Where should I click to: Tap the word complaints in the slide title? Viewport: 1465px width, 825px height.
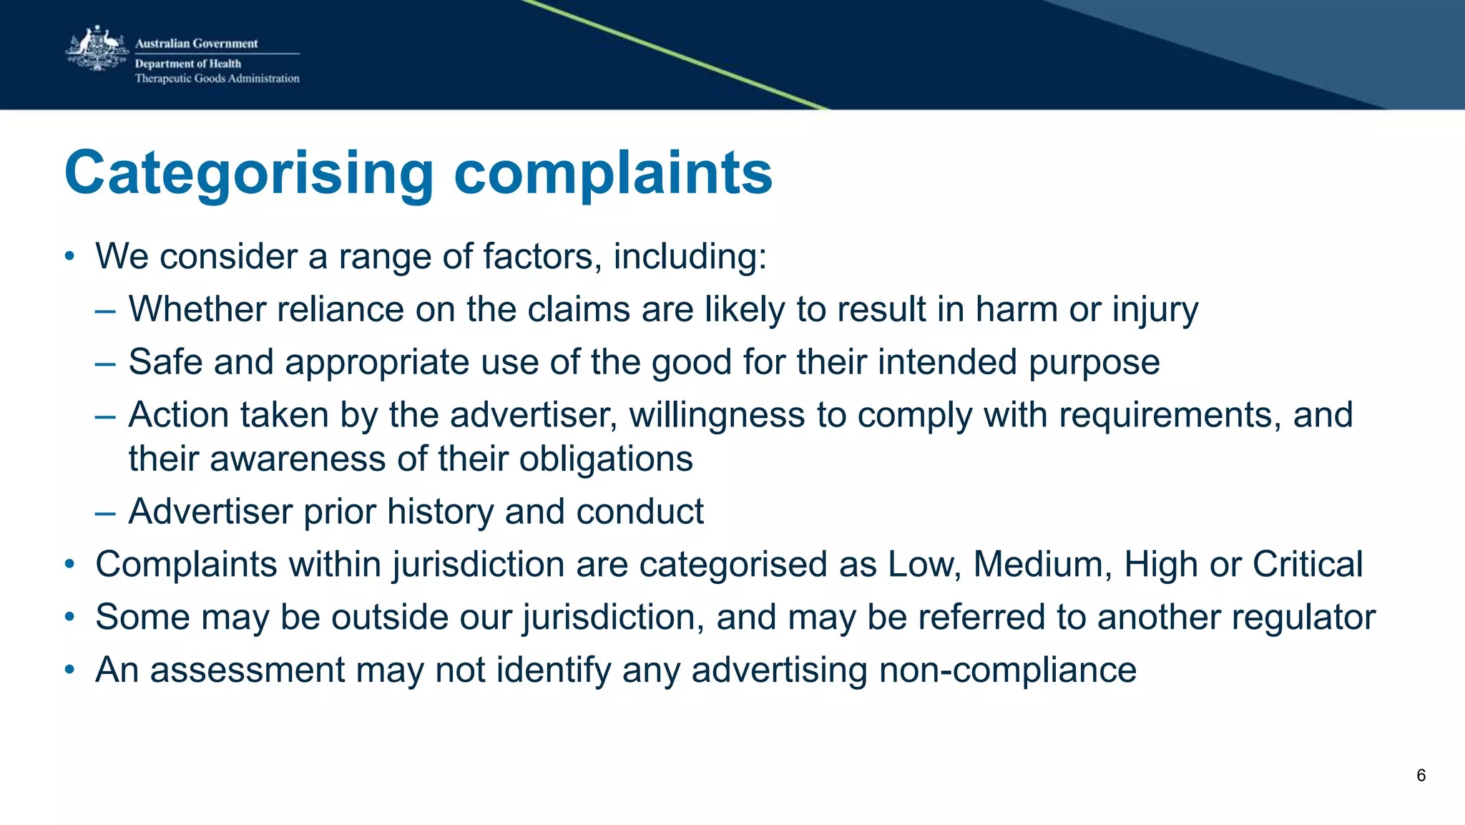[x=613, y=173]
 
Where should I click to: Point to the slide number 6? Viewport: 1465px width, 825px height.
[x=1421, y=776]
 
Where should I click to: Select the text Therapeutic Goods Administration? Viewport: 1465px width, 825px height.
[x=217, y=79]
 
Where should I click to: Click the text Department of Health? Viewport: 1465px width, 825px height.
[x=188, y=64]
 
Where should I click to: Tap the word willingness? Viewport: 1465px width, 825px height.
[x=717, y=415]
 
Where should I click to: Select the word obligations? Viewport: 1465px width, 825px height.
[x=606, y=459]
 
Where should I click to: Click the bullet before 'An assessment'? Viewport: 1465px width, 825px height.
[x=69, y=670]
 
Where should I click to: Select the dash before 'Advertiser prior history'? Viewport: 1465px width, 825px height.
[x=104, y=512]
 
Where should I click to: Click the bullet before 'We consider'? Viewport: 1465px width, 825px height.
[x=69, y=257]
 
